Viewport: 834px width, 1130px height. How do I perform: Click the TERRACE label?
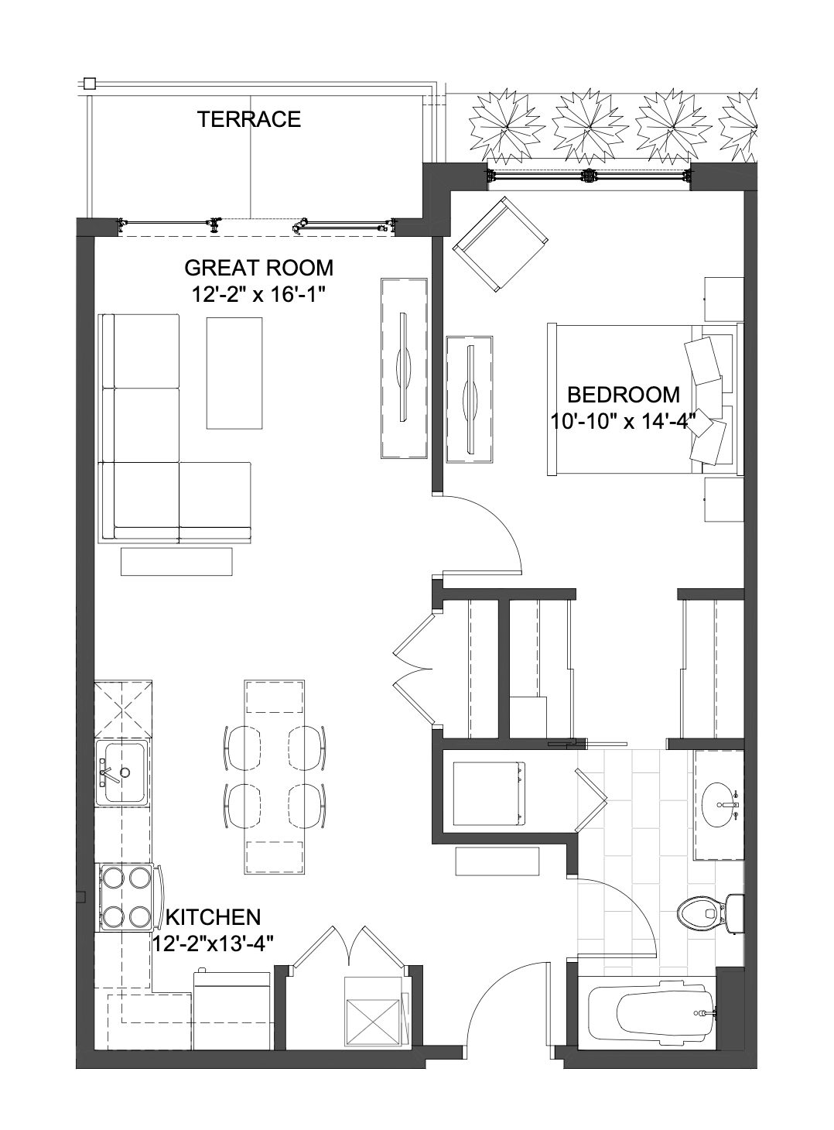pyautogui.click(x=248, y=119)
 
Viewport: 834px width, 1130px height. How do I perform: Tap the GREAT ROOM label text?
pyautogui.click(x=259, y=268)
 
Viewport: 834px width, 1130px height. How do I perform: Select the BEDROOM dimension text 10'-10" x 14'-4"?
pyautogui.click(x=623, y=421)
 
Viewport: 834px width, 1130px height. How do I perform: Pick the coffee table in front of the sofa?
pyautogui.click(x=234, y=372)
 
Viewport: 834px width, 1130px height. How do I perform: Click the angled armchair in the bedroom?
pyautogui.click(x=501, y=244)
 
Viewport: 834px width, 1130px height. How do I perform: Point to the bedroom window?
pyautogui.click(x=589, y=176)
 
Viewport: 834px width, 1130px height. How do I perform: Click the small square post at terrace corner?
pyautogui.click(x=90, y=83)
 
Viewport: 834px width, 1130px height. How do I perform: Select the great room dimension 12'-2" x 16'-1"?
pyautogui.click(x=259, y=293)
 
